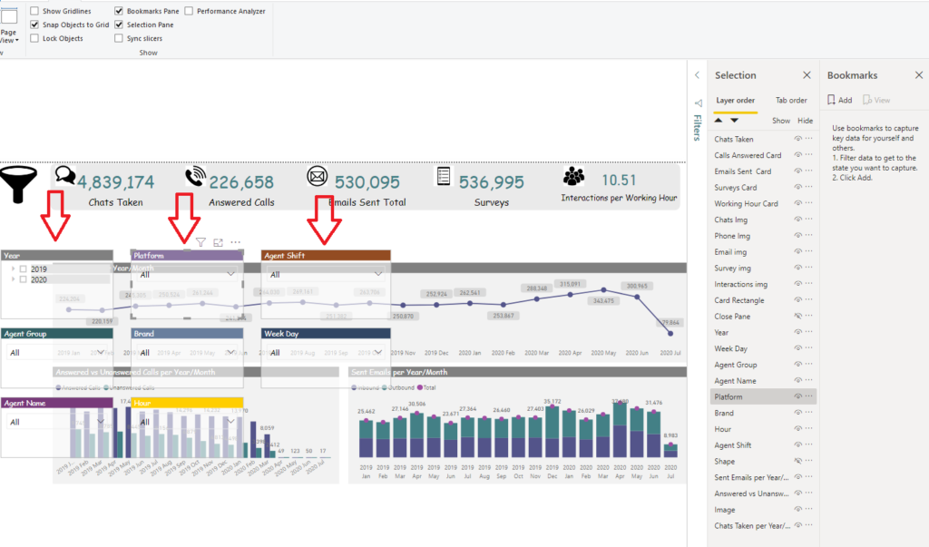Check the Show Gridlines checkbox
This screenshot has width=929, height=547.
click(x=34, y=11)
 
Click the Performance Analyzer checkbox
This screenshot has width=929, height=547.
click(x=189, y=11)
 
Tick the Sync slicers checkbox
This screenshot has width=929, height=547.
click(x=119, y=39)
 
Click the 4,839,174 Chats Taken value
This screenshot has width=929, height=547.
click(x=115, y=181)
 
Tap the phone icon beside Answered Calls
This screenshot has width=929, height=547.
click(x=195, y=177)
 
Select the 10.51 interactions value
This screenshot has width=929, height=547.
click(x=619, y=180)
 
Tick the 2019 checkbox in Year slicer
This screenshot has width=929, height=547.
click(x=24, y=269)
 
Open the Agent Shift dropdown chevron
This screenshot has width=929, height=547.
click(x=377, y=273)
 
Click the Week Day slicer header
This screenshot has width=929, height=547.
click(x=326, y=334)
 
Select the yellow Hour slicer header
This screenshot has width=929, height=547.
click(x=187, y=403)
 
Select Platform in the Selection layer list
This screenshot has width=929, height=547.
click(x=729, y=397)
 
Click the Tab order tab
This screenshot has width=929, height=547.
click(x=791, y=101)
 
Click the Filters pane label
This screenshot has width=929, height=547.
click(x=697, y=128)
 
